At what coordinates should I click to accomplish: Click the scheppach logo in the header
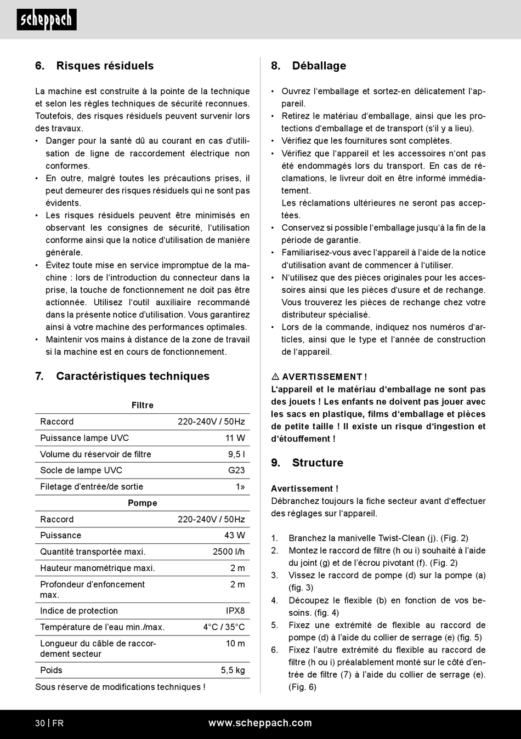(x=47, y=20)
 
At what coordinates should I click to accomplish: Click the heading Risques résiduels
(x=105, y=66)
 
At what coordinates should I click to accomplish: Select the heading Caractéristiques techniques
(x=133, y=376)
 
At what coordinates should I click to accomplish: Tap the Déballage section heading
(x=319, y=66)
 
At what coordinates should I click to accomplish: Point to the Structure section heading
(x=318, y=463)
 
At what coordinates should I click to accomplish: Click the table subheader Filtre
(x=143, y=405)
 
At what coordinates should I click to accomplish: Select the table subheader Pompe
(x=143, y=503)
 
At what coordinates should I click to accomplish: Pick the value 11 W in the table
(x=235, y=438)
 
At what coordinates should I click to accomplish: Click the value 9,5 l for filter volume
(x=236, y=454)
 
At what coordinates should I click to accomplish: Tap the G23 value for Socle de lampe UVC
(x=236, y=470)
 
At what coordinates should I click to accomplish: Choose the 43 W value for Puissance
(x=235, y=535)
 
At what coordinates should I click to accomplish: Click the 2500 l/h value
(x=229, y=552)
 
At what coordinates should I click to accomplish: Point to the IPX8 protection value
(x=235, y=611)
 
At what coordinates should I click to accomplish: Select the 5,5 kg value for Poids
(x=233, y=670)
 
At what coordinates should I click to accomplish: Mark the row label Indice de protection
(x=79, y=611)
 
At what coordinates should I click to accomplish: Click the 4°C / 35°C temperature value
(x=224, y=627)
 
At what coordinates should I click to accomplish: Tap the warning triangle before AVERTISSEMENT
(x=275, y=377)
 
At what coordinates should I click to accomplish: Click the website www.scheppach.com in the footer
(x=260, y=723)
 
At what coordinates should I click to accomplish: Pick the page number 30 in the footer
(x=40, y=723)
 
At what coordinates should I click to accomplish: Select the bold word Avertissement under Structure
(x=304, y=488)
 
